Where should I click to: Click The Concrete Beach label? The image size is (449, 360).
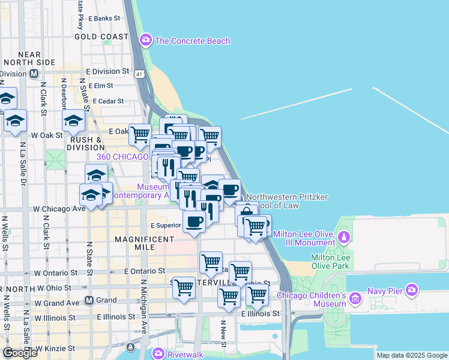[192, 41]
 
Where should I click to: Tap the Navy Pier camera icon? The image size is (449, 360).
[411, 291]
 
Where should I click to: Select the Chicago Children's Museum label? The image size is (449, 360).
[312, 299]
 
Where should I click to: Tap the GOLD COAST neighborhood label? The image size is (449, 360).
[101, 37]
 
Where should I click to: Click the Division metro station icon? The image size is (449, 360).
[34, 74]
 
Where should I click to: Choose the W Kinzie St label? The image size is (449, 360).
[55, 347]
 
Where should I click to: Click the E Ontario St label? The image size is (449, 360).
[144, 271]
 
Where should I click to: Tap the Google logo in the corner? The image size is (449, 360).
[19, 353]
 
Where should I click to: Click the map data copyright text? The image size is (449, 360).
[412, 355]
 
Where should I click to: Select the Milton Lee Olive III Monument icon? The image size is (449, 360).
[344, 236]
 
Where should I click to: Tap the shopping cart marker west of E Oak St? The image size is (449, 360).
[140, 134]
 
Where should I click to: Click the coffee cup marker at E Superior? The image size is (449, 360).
[194, 221]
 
